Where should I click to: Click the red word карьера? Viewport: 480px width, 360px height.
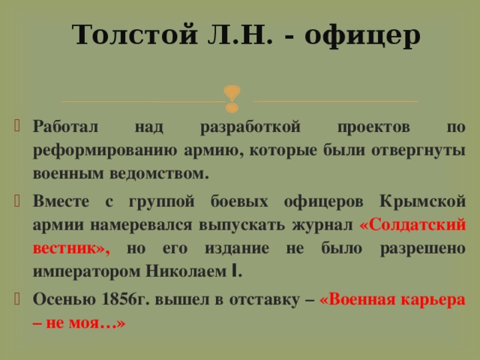point(430,298)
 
